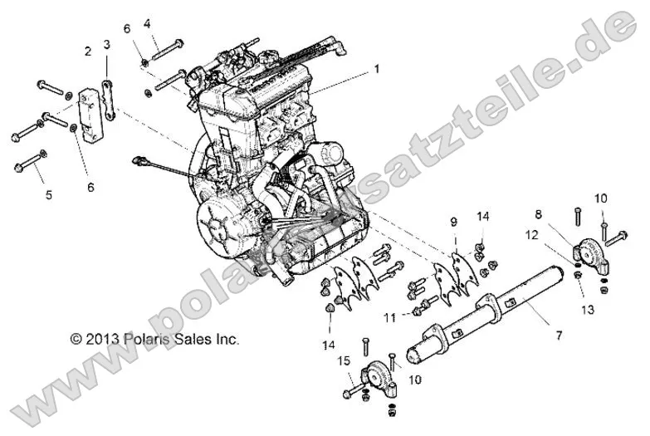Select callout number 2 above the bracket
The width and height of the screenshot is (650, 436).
tap(88, 51)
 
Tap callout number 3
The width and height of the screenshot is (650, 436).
tap(106, 43)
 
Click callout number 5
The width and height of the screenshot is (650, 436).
tap(48, 195)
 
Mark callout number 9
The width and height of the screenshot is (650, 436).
tap(453, 223)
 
